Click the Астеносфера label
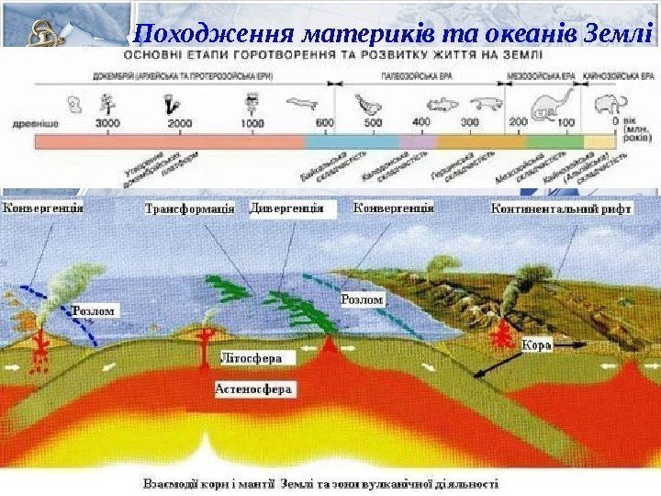click(x=254, y=389)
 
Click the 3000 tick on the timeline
click(x=108, y=122)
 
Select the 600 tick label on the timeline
click(x=324, y=122)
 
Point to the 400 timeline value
click(x=420, y=122)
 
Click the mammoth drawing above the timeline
click(x=610, y=98)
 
